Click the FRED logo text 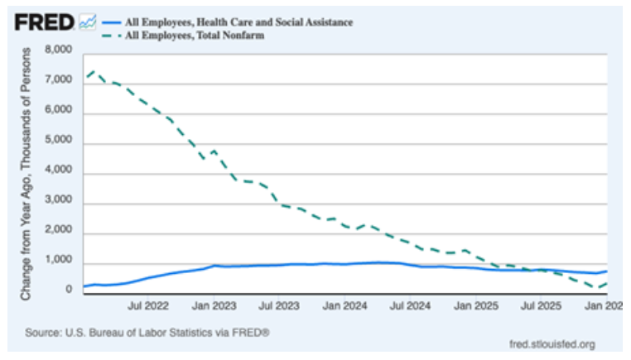(x=44, y=22)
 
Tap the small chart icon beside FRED (x=87, y=23)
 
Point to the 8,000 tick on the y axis (x=58, y=51)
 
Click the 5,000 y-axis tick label (x=58, y=142)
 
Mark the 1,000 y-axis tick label (x=58, y=262)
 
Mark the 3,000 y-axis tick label (x=58, y=203)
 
